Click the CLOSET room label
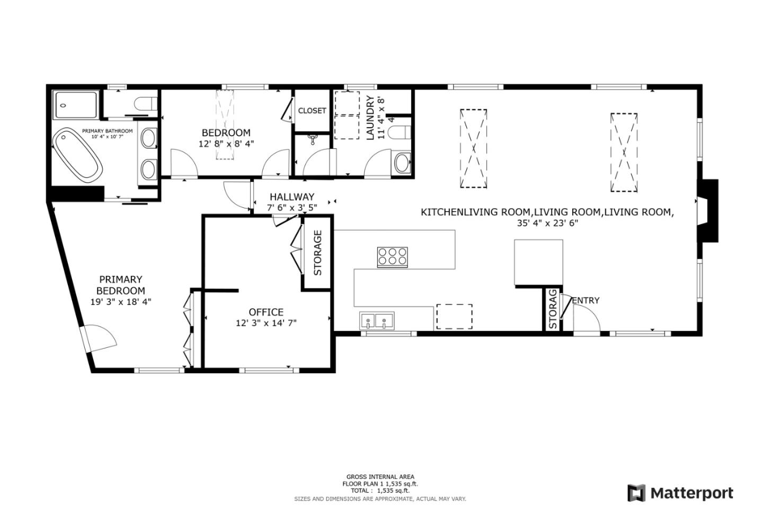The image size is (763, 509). point(312,111)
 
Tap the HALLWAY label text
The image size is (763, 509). point(292,197)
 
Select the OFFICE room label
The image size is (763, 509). point(266,312)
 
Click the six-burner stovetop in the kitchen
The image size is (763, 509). point(393,257)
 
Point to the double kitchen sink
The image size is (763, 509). point(377,321)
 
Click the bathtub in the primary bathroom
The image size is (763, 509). point(77,155)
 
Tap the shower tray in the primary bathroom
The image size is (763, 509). point(75,104)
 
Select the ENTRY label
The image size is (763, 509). point(585,301)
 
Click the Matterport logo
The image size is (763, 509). point(680,493)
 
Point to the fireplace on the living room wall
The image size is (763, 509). point(708,210)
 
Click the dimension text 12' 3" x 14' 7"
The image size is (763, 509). point(266,323)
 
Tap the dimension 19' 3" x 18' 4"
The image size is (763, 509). point(121,302)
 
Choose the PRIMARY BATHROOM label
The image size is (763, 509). point(107,131)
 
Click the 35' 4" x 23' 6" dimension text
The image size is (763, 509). point(547,223)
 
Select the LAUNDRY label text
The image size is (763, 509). point(370,118)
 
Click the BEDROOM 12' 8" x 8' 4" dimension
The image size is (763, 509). point(226,144)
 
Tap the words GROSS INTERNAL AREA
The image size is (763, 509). point(380,477)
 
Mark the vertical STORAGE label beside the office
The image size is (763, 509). point(317,252)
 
